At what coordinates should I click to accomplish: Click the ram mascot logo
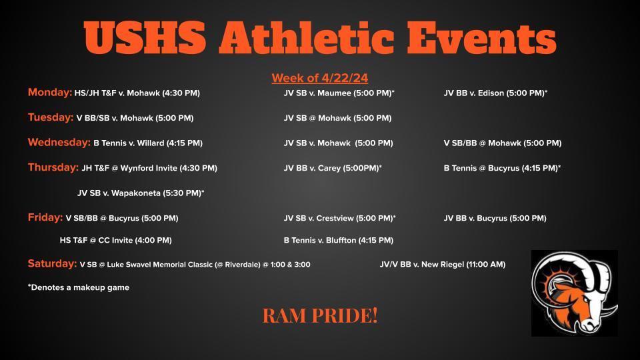click(574, 293)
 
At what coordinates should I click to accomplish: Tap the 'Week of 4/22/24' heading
click(320, 78)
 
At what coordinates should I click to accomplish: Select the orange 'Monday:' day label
click(50, 92)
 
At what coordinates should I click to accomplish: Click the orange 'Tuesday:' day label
click(51, 117)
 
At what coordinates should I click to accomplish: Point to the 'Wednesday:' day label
click(59, 143)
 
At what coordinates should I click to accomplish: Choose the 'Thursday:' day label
click(53, 167)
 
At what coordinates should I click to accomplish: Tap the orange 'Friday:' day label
click(45, 217)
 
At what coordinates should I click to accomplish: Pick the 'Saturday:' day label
click(52, 264)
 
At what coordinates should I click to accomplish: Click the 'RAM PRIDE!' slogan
click(320, 315)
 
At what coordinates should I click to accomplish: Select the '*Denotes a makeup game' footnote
click(79, 287)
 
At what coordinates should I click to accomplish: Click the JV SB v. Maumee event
click(339, 93)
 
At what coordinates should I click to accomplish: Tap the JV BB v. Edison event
click(495, 93)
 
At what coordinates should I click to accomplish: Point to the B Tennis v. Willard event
click(148, 143)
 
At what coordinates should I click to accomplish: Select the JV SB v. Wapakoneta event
click(141, 193)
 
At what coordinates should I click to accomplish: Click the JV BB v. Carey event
click(333, 168)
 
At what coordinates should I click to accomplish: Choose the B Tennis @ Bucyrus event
click(503, 168)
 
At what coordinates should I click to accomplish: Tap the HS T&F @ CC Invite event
click(115, 241)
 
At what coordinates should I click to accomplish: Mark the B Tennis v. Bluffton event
click(339, 241)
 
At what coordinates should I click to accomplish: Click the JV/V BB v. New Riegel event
click(443, 265)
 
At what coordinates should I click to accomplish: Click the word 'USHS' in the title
click(145, 37)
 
